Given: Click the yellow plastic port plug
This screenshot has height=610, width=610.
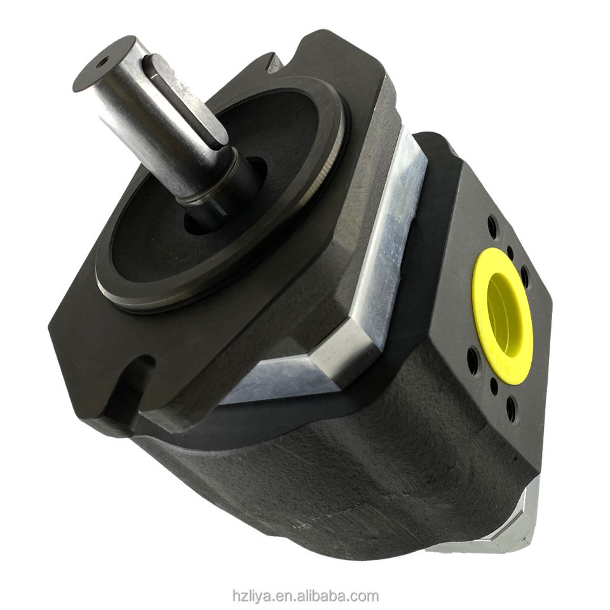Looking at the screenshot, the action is pyautogui.click(x=504, y=314).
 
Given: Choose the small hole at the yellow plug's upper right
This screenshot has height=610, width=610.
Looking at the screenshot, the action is pyautogui.click(x=510, y=252).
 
